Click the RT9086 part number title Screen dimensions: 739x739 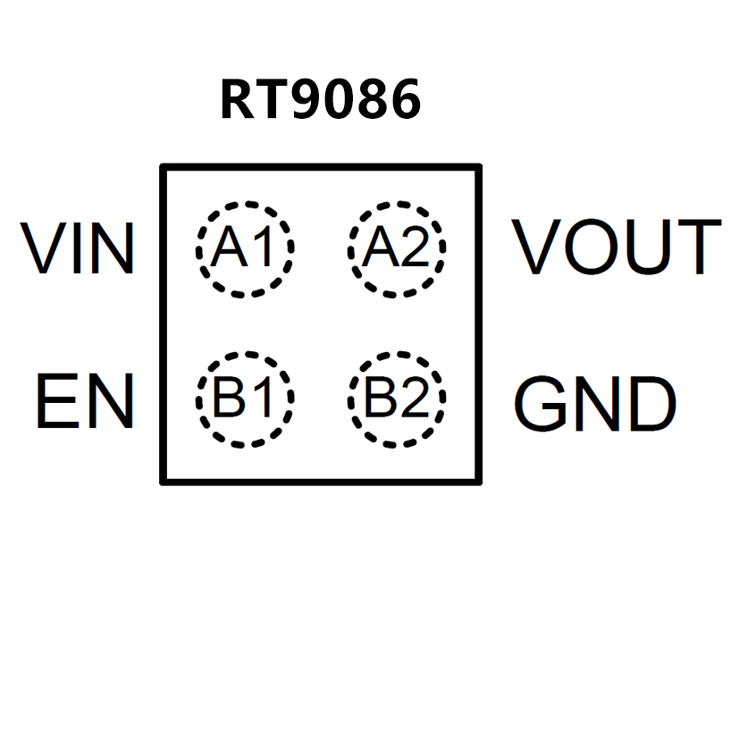click(320, 100)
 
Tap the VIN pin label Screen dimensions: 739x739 click(80, 248)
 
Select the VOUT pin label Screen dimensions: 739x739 click(616, 247)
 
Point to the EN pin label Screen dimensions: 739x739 click(84, 401)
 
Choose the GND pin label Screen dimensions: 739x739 click(594, 405)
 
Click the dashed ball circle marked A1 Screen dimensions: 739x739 click(245, 248)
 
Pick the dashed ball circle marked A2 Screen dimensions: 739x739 click(397, 248)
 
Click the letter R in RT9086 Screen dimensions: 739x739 click(237, 100)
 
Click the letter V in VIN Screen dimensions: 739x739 click(43, 248)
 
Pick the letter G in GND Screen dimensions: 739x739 click(541, 405)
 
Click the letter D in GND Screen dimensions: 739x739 click(651, 405)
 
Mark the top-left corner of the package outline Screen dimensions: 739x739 click(163, 167)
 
